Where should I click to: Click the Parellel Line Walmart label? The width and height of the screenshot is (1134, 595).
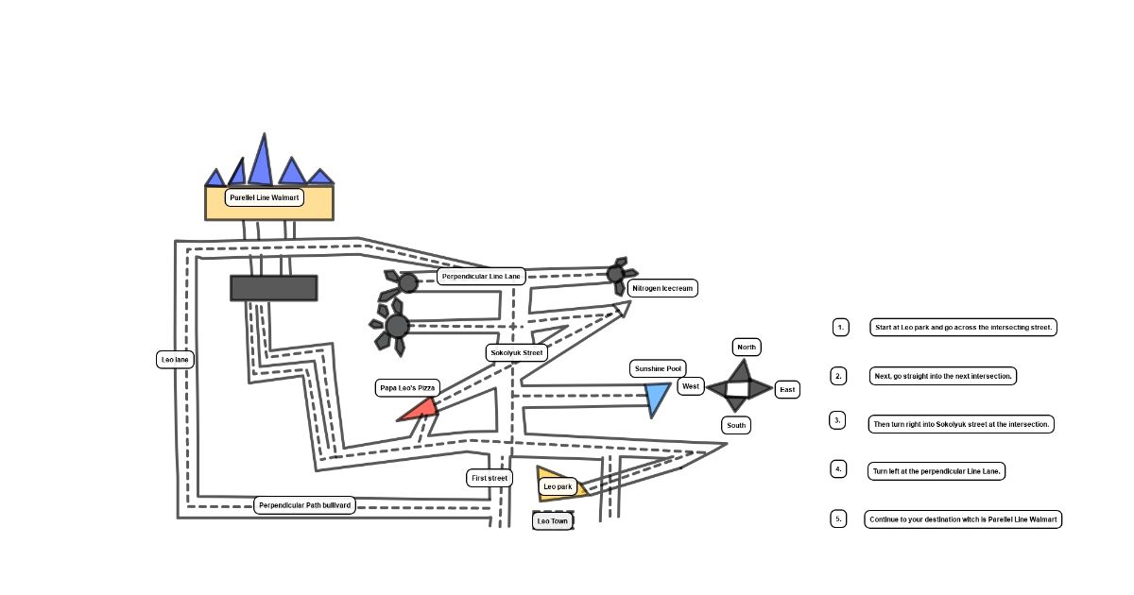click(265, 197)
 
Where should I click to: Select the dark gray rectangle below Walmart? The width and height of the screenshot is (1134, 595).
click(273, 288)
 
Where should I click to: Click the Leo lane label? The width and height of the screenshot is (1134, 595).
click(175, 360)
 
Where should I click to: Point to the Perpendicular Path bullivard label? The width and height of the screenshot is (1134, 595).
click(304, 505)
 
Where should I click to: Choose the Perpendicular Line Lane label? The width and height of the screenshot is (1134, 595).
click(481, 276)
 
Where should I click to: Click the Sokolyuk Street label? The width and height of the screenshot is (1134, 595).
click(517, 353)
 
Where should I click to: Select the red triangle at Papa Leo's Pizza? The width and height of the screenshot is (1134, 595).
click(420, 410)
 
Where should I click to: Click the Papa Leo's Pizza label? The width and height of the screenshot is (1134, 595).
click(407, 387)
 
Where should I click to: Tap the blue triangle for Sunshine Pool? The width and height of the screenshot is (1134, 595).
click(658, 398)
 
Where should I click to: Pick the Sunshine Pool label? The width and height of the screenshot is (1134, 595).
click(658, 368)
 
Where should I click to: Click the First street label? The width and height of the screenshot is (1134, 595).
click(490, 478)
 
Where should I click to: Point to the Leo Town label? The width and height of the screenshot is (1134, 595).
click(552, 520)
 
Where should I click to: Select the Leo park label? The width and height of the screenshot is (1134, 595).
click(558, 487)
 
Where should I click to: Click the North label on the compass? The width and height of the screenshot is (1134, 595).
click(747, 347)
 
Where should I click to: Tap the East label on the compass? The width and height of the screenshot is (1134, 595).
click(787, 389)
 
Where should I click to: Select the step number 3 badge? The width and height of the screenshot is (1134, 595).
click(837, 419)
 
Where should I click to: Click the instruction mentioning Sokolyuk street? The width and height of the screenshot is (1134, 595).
click(961, 424)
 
